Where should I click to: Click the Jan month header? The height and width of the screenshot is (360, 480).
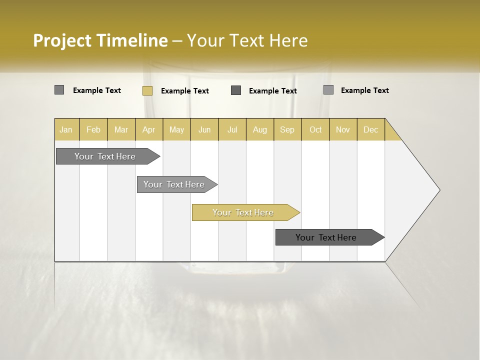point(66,129)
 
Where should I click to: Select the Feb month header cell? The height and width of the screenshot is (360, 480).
point(93,129)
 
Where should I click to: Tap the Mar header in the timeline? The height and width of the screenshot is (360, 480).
point(121,129)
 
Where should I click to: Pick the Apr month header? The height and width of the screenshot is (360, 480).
point(149,129)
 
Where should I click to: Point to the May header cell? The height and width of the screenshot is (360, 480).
point(176,129)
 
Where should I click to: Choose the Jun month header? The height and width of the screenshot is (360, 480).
point(204,129)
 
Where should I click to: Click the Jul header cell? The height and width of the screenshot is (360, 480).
point(232,129)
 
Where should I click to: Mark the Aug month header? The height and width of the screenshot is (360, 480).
point(260,129)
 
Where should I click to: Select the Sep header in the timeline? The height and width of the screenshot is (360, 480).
point(287,129)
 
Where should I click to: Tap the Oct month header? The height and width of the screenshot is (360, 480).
point(315,129)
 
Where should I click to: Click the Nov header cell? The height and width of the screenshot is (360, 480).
point(343,129)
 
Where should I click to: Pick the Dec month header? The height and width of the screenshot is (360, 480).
point(371,129)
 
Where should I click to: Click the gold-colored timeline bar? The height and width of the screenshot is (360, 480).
point(243,212)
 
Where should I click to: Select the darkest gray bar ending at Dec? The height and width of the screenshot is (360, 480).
point(326,237)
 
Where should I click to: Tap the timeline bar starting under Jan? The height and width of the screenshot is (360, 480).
point(105,156)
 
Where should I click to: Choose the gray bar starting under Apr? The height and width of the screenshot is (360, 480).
point(174,184)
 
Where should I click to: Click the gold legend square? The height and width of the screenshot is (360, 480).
point(147,90)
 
